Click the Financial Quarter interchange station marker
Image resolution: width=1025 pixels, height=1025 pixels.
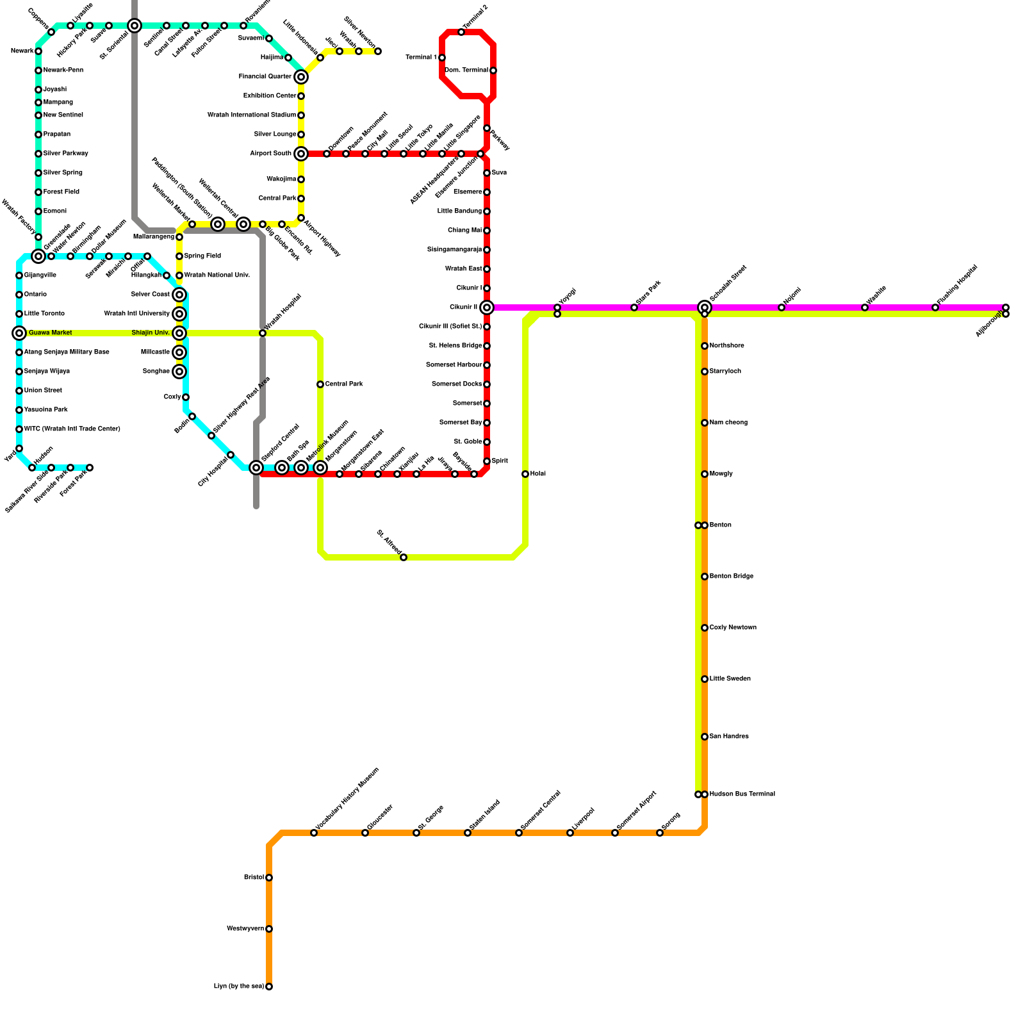tap(301, 77)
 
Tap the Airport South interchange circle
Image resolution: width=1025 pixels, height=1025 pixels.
tap(301, 154)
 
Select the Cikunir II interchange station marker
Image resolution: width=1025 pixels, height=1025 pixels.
tap(487, 307)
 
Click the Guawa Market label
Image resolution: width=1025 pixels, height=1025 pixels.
tap(50, 333)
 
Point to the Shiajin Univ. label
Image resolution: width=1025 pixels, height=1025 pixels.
tap(151, 333)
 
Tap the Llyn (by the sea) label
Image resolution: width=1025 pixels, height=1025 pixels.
tap(238, 987)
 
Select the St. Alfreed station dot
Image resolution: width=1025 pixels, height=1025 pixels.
tap(404, 557)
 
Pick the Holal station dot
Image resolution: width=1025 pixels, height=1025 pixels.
tap(525, 474)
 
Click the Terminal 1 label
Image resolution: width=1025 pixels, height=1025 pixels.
tap(422, 58)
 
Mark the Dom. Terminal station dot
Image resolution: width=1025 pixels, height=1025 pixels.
tap(493, 70)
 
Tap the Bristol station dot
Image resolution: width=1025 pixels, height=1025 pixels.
tap(269, 878)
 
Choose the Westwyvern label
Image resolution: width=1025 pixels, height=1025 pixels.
tap(245, 929)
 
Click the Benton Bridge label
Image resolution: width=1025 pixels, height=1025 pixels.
tap(731, 577)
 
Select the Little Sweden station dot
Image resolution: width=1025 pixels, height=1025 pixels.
tap(705, 679)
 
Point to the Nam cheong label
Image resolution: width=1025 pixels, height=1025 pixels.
tap(728, 423)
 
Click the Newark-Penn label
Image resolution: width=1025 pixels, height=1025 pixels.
tap(63, 70)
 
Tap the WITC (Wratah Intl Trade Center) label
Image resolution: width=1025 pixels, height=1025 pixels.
tap(72, 429)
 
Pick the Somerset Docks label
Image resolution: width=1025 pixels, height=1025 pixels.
tap(457, 384)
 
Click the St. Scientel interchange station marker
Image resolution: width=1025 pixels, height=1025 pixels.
tap(135, 26)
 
